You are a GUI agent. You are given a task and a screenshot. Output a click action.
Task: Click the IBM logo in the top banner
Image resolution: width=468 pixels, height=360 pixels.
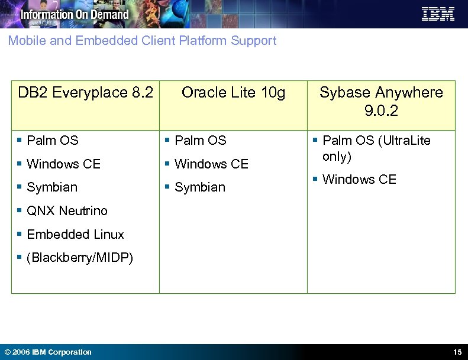coord(438,14)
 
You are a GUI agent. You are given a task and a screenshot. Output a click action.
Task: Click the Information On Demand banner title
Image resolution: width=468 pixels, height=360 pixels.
coord(75,14)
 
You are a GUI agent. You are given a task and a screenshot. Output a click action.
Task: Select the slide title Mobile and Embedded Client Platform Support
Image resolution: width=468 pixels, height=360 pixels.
coord(142,41)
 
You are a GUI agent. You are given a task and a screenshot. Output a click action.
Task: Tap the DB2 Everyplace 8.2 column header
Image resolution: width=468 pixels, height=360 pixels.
coord(85,93)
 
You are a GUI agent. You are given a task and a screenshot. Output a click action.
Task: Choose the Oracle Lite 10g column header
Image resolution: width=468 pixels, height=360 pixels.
coord(233,93)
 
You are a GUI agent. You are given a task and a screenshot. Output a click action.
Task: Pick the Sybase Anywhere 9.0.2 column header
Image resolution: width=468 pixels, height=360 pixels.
coord(381,101)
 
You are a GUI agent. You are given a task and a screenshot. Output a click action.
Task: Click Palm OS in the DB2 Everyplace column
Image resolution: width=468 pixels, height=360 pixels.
coord(52,141)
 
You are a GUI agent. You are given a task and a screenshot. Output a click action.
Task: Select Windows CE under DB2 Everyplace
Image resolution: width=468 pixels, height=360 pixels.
coord(63,164)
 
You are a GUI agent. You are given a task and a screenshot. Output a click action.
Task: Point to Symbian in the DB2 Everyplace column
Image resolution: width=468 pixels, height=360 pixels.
coord(52,187)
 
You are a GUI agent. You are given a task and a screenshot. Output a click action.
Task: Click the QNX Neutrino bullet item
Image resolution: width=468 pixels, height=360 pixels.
coord(67,211)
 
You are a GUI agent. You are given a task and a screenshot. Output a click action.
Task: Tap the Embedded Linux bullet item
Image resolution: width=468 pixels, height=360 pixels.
coord(75,235)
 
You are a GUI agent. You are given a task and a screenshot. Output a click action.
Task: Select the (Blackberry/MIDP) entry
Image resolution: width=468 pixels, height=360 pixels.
coord(80,258)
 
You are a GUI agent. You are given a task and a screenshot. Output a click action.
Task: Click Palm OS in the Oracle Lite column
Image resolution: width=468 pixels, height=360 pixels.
coord(200,141)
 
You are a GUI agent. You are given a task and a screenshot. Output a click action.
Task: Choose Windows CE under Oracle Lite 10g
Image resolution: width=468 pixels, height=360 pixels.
coord(211,164)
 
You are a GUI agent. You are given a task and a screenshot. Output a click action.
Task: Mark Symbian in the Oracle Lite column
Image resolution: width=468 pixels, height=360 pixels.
coord(200,187)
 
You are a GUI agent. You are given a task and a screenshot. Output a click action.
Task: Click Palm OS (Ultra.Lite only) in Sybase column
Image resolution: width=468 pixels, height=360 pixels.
coord(376,148)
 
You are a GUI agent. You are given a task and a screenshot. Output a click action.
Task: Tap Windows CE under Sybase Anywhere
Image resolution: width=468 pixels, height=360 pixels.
coord(359,180)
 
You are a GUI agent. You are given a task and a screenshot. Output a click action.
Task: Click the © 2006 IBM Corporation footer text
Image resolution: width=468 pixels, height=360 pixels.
coord(47,352)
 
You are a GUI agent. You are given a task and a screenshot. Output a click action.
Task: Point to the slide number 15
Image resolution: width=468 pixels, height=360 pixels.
coord(457,352)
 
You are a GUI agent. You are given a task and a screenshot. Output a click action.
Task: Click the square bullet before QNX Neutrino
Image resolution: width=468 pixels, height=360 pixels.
coord(20,210)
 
